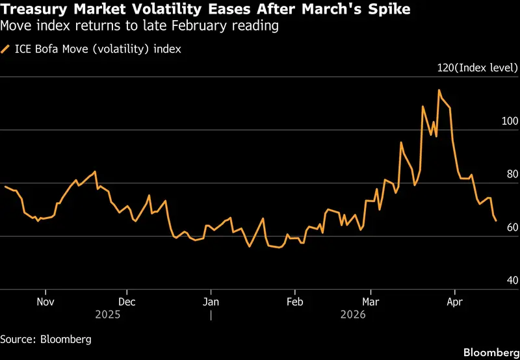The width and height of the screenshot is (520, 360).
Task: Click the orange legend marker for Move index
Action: [6, 48]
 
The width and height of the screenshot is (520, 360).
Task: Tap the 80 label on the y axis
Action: [512, 174]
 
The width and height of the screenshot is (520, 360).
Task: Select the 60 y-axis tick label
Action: [512, 227]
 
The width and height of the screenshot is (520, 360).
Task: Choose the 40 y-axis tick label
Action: [512, 281]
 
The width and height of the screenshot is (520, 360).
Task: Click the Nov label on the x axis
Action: [45, 302]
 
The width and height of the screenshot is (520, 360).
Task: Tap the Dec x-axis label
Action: [127, 302]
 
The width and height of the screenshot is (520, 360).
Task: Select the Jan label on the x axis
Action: [211, 302]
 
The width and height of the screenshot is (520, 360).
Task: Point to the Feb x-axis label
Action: [295, 302]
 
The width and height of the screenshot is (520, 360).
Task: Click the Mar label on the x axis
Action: [370, 302]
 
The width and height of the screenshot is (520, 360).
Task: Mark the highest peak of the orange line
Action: [439, 90]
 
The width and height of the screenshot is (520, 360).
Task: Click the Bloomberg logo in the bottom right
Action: [491, 352]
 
